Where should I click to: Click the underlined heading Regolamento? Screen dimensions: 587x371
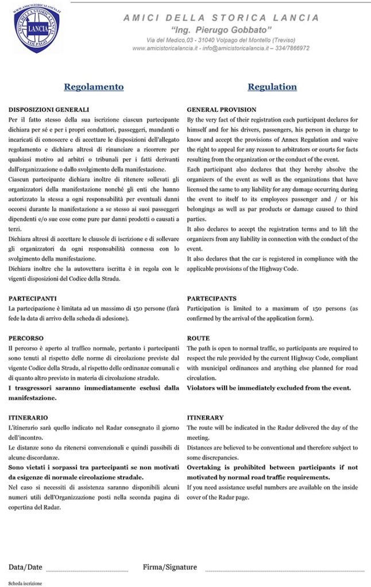pyautogui.click(x=94, y=87)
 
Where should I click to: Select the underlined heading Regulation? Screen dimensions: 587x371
pyautogui.click(x=272, y=87)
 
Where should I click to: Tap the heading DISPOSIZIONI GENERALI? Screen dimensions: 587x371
pyautogui.click(x=49, y=109)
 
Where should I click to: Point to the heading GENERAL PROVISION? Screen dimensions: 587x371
pyautogui.click(x=222, y=109)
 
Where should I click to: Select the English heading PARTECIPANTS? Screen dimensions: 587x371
pyautogui.click(x=211, y=299)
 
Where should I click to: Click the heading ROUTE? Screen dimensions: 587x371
pyautogui.click(x=198, y=338)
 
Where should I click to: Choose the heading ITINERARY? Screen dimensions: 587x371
pyautogui.click(x=205, y=417)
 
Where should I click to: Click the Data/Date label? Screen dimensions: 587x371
pyautogui.click(x=25, y=567)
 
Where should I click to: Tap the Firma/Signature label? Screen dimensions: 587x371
pyautogui.click(x=169, y=567)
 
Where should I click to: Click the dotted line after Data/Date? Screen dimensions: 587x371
pyautogui.click(x=87, y=570)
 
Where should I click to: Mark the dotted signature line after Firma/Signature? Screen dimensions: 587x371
pyautogui.click(x=284, y=570)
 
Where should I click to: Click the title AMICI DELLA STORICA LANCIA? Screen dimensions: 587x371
pyautogui.click(x=221, y=18)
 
